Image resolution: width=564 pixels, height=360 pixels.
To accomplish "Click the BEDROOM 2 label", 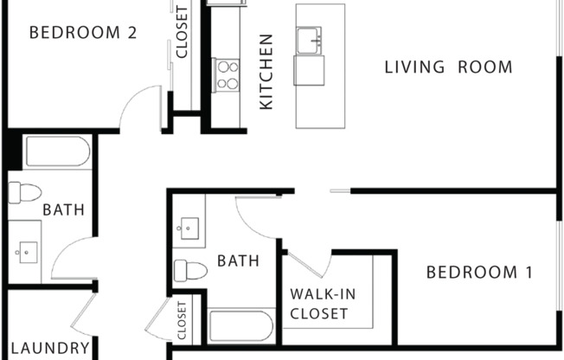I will tap(83, 33).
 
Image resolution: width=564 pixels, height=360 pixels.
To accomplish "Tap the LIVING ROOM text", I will tap(448, 67).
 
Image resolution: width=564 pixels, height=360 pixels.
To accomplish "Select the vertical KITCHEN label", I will tap(266, 71).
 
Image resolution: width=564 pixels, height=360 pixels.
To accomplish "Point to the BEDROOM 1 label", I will tap(478, 273).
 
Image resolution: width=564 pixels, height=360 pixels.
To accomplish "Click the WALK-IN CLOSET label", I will tap(323, 304).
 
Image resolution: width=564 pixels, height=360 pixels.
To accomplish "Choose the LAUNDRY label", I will tap(48, 349).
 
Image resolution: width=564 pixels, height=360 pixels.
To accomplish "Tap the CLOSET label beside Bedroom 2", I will tap(182, 32).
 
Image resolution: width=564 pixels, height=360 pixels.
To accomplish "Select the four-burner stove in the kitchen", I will tap(227, 74).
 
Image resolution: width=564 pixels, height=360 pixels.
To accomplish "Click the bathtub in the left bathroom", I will tap(58, 151).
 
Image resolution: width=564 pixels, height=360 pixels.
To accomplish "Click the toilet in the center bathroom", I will tap(191, 271).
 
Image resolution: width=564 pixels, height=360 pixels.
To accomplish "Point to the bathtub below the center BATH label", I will tap(241, 327).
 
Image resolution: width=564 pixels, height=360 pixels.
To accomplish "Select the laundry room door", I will tap(84, 313).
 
